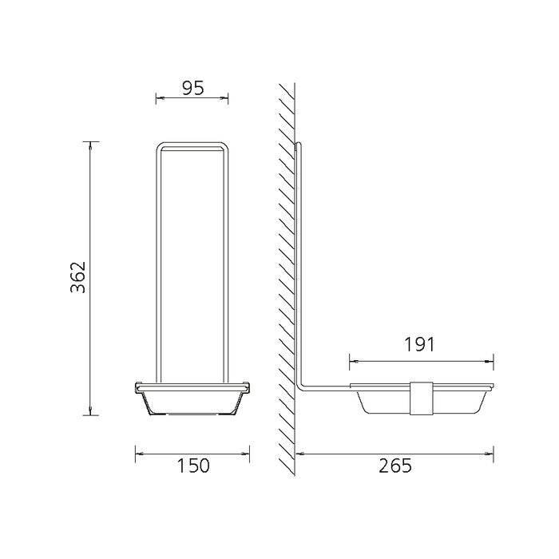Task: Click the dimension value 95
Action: (193, 88)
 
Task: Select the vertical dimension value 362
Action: (78, 277)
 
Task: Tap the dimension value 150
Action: (193, 466)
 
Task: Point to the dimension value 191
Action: (419, 344)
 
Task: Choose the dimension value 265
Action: (395, 466)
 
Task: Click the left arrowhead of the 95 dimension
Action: (160, 97)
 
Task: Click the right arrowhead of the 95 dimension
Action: (224, 97)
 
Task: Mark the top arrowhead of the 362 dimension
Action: (90, 145)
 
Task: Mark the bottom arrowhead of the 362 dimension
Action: (90, 411)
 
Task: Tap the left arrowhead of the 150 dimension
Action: (139, 454)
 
